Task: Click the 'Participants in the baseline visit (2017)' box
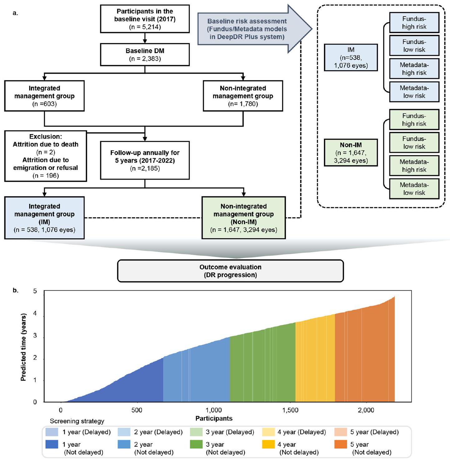145,19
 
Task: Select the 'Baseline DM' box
145,55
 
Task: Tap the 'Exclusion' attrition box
46,156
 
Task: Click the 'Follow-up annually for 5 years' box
145,160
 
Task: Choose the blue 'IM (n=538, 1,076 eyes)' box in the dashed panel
351,58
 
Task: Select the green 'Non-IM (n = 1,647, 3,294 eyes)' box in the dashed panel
351,153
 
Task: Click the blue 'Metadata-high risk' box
414,69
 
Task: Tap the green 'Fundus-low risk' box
414,142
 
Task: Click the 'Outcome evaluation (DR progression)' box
230,271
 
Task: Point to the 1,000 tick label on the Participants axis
214,410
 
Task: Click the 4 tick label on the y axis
35,314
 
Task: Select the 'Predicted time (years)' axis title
23,347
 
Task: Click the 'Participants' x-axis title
214,418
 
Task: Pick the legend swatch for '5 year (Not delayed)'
340,444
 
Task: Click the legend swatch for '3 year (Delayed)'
196,432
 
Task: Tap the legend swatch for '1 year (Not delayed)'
52,444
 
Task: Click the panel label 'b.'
15,290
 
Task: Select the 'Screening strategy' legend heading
77,421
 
